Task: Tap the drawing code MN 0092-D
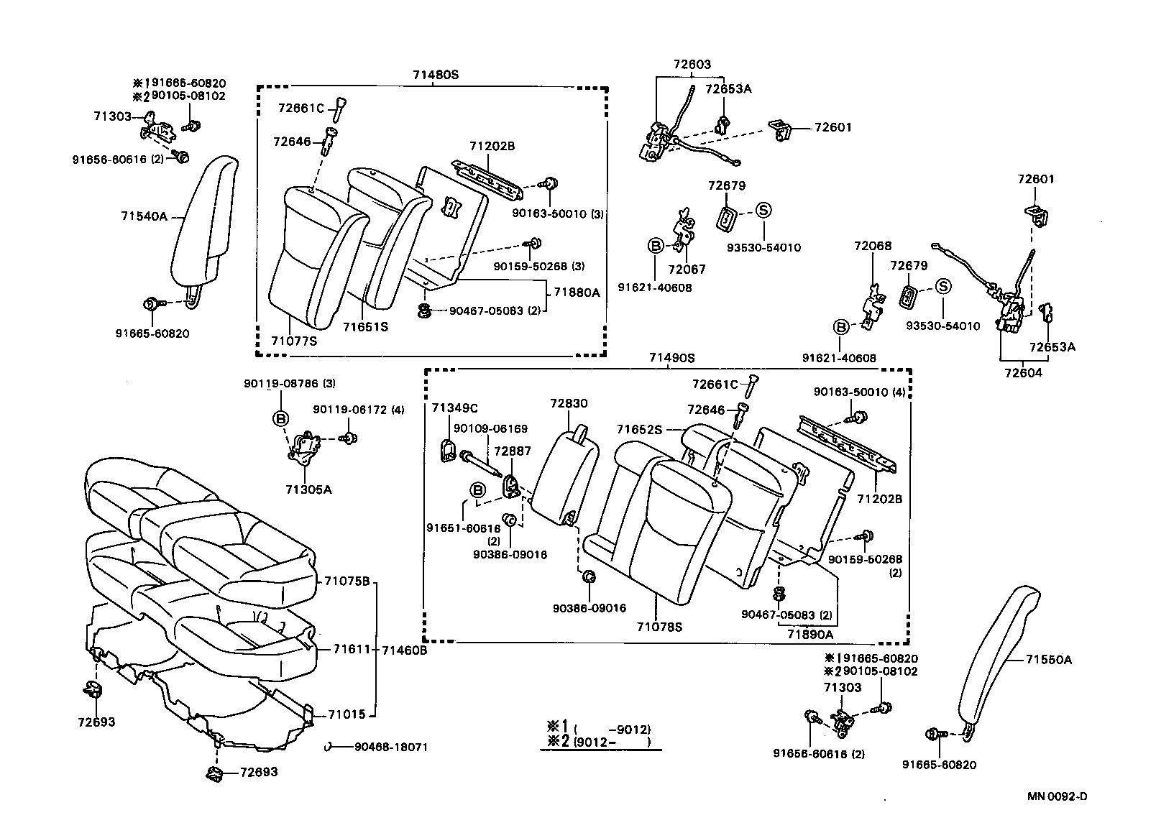pyautogui.click(x=1057, y=796)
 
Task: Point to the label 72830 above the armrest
pyautogui.click(x=568, y=404)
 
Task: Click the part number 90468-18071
pyautogui.click(x=390, y=747)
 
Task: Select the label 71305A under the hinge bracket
pyautogui.click(x=308, y=489)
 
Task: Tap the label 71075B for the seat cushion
pyautogui.click(x=346, y=581)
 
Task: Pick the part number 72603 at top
pyautogui.click(x=692, y=64)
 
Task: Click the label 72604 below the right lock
pyautogui.click(x=1023, y=373)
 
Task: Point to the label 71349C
pyautogui.click(x=454, y=408)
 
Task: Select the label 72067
pyautogui.click(x=687, y=270)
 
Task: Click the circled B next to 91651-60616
pyautogui.click(x=477, y=489)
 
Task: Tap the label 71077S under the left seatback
pyautogui.click(x=294, y=341)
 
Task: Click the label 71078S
pyautogui.click(x=659, y=627)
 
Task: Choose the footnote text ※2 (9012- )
pyautogui.click(x=599, y=742)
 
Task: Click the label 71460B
pyautogui.click(x=404, y=650)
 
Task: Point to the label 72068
pyautogui.click(x=873, y=246)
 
